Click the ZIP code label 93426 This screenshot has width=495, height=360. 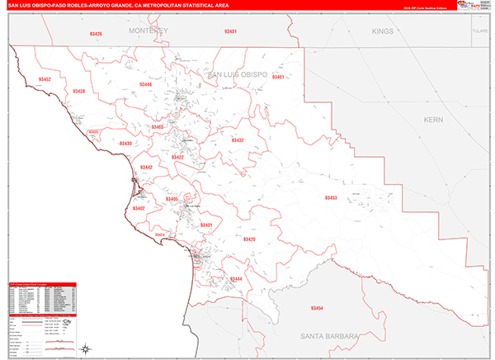coord(97,34)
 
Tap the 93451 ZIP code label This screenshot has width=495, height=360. coord(230,31)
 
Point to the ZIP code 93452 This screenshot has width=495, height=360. coord(45,79)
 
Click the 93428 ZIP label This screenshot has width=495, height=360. coord(79,91)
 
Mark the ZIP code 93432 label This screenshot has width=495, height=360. coord(238,140)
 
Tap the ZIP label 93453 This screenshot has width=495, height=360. coord(330,198)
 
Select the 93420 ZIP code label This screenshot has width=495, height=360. coord(249,239)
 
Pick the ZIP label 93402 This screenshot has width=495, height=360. coord(139,209)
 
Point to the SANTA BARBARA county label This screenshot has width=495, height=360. coord(328,337)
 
